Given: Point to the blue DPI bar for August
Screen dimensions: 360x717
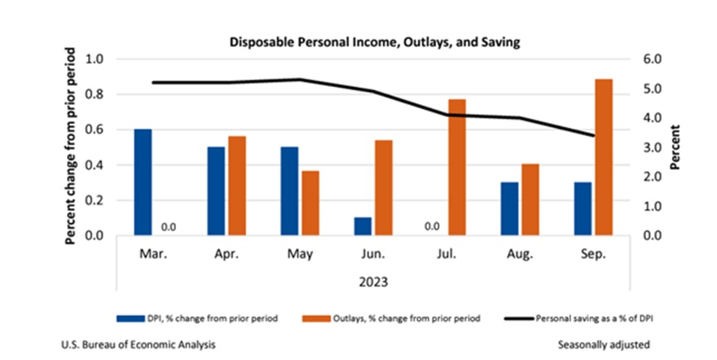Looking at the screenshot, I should coord(509,209).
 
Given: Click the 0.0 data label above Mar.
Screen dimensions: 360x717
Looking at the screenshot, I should coord(169,226).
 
